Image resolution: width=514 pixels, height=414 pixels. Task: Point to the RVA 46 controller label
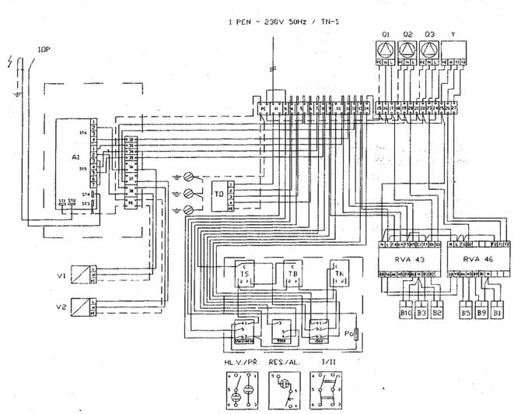click(477, 259)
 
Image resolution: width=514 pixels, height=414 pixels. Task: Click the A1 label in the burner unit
click(75, 156)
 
